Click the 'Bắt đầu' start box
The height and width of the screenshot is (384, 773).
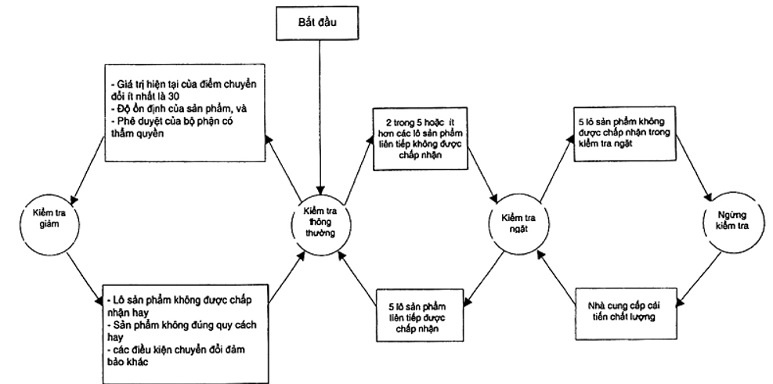[x=320, y=24]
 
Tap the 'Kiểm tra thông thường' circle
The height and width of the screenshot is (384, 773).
[x=320, y=222]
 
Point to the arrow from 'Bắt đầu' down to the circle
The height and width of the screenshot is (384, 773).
[x=320, y=118]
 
